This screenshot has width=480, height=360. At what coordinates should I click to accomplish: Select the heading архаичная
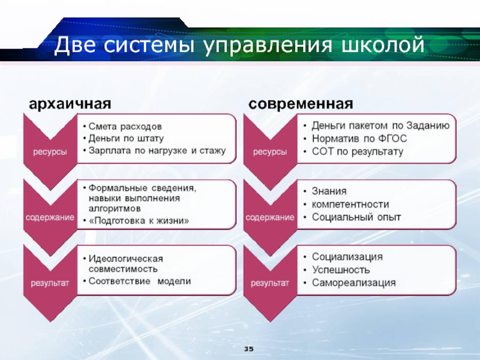[70, 104]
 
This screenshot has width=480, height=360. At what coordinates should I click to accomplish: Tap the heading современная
[301, 104]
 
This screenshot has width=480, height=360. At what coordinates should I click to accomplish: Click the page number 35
[249, 349]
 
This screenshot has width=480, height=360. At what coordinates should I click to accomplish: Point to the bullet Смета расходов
[125, 127]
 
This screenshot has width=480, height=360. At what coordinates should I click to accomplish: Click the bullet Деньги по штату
[126, 139]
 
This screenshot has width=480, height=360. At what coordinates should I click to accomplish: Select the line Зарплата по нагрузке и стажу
[157, 151]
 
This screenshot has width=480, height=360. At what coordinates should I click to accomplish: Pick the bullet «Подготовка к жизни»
[139, 220]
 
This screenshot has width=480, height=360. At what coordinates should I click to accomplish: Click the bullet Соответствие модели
[140, 281]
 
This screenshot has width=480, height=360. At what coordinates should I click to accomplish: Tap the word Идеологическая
[125, 259]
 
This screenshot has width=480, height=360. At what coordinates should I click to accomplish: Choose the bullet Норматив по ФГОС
[359, 139]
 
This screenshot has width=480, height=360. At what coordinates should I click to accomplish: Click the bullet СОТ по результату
[358, 152]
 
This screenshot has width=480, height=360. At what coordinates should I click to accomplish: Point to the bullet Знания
[329, 191]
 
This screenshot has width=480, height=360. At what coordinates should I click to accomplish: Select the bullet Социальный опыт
[356, 217]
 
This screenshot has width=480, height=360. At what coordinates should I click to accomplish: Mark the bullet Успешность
[341, 269]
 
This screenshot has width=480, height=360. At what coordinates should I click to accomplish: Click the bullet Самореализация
[353, 283]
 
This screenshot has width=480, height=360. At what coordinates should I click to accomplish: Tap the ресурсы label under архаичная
[50, 152]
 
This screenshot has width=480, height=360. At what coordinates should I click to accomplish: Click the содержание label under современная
[269, 217]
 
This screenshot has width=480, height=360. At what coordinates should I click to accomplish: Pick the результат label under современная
[269, 283]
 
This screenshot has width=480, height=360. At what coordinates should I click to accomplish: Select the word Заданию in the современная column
[428, 125]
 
